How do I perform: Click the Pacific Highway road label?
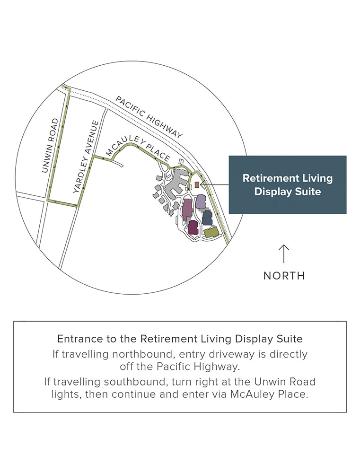point(149,117)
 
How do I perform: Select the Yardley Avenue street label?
point(87,156)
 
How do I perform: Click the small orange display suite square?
point(197,184)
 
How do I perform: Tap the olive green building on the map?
point(211,232)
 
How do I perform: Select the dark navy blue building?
point(207,218)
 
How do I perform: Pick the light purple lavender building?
point(201,201)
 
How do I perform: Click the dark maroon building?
point(193,227)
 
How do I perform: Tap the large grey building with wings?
point(176,182)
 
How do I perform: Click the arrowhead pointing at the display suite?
point(203,184)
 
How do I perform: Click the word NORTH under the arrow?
point(284,276)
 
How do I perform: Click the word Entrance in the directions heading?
point(74,339)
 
